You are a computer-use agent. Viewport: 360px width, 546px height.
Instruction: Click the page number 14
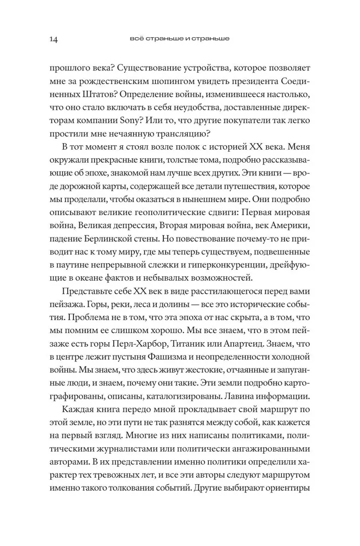tap(54, 39)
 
